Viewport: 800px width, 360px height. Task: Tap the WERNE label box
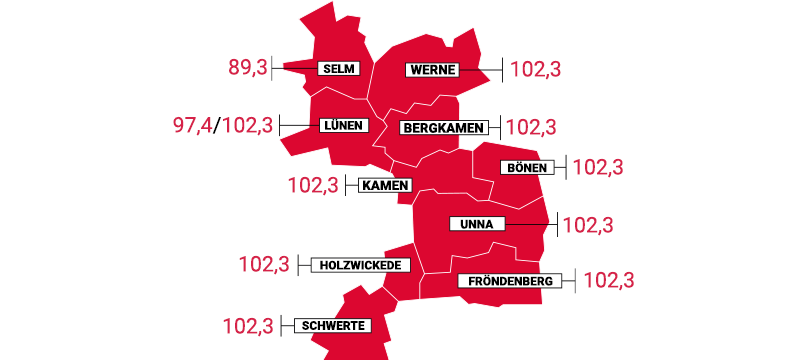[x=432, y=70]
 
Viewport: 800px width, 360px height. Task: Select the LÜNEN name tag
[x=342, y=126]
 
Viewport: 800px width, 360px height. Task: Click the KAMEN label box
[x=385, y=185]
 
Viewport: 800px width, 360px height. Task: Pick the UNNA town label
[x=477, y=224]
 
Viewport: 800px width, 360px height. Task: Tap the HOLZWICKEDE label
[x=360, y=265]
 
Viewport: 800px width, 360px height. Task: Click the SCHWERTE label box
[x=331, y=325]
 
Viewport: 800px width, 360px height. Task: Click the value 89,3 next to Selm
[x=249, y=69]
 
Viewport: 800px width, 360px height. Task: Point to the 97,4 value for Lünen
[x=194, y=127]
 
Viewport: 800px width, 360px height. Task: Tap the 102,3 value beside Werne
[x=536, y=70]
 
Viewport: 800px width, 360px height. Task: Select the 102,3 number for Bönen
[x=598, y=167]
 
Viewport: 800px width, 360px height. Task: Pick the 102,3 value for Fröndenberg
[x=608, y=281]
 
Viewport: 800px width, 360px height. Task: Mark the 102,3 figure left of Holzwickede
[x=264, y=265]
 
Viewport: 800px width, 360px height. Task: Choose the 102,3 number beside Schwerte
[x=247, y=326]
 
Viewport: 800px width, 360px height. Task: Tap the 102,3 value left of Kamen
[x=313, y=185]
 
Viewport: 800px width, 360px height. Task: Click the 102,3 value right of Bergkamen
[x=532, y=128]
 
